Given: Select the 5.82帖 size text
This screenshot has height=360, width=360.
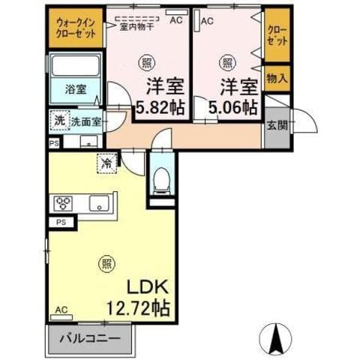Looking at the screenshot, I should (159, 105).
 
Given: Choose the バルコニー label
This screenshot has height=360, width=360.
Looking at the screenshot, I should (89, 338).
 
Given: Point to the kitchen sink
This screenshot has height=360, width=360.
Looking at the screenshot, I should (98, 202).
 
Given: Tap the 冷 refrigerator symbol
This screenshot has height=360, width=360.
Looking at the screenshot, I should (106, 160).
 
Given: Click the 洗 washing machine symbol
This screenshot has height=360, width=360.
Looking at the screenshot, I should (58, 120).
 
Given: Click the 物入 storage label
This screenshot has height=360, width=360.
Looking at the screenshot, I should (275, 77).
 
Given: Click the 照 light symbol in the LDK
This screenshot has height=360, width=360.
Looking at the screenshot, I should (106, 262).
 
